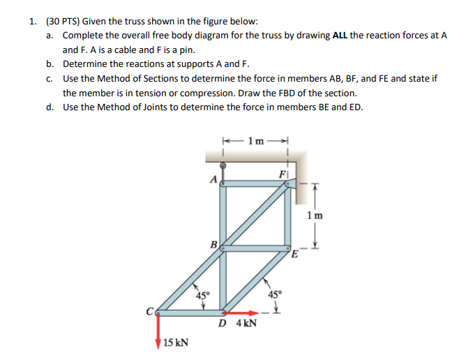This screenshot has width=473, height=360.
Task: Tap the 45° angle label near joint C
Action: pyautogui.click(x=202, y=297)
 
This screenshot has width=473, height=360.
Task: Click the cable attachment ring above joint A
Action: pyautogui.click(x=223, y=165)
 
